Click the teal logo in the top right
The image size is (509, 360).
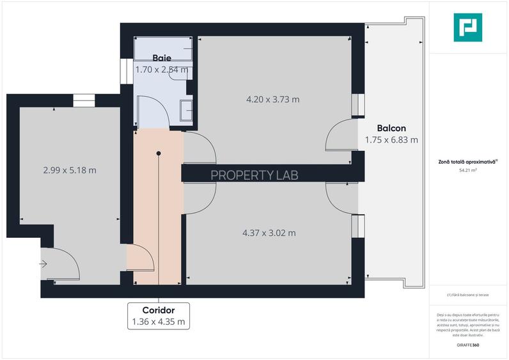coord(467,27)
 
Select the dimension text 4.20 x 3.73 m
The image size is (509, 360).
coord(273,99)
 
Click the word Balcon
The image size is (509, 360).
coord(391,128)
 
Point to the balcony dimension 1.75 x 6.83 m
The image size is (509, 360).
coord(391,139)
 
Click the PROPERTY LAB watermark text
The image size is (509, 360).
coord(254,174)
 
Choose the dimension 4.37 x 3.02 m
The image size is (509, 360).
coord(269,233)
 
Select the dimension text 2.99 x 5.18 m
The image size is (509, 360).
coord(70,170)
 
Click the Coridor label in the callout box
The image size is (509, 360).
coord(159,310)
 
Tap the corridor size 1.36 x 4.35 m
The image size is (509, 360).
coord(159,322)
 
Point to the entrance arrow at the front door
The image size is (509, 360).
coord(43,263)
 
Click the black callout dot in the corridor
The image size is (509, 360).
coord(159,153)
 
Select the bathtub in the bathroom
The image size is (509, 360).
coord(164,47)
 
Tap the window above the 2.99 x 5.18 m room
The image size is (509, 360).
coord(83,100)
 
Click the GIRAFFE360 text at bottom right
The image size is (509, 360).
coord(467,345)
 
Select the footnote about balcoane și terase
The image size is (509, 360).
coord(467,295)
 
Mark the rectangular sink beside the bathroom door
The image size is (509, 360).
coord(187,109)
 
